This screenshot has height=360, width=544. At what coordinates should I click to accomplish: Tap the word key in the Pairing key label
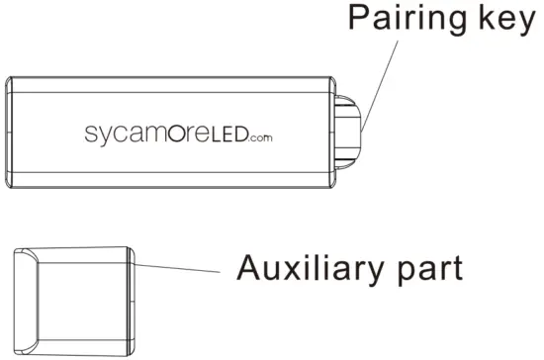point(507,20)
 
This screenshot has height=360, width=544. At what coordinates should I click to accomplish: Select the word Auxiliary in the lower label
point(317,269)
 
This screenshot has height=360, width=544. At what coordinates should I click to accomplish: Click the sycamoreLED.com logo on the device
point(177,134)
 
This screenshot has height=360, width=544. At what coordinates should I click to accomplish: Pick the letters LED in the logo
point(231,134)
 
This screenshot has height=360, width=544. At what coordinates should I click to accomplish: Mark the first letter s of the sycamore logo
point(88,135)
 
